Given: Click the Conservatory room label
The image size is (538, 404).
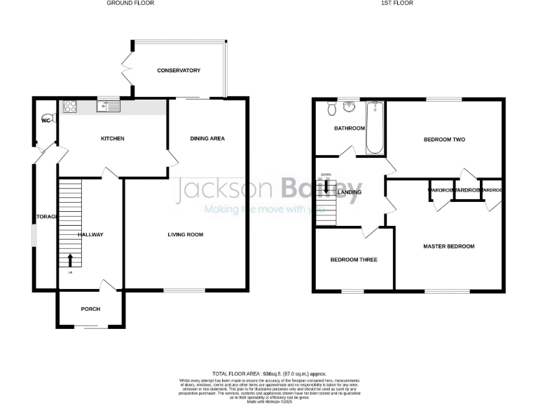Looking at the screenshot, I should click(x=179, y=71).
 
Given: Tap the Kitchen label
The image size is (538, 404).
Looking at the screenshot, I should click(x=113, y=139).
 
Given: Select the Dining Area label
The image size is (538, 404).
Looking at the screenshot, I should click(x=207, y=139).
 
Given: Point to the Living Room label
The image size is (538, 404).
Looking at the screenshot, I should click(x=186, y=234).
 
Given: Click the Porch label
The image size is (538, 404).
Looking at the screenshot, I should click(x=91, y=309).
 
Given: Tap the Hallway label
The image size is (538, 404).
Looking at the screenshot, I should click(x=91, y=234).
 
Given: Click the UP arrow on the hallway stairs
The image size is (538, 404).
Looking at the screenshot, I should click(x=70, y=261).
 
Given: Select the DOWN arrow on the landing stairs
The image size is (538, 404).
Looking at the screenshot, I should click(x=326, y=186).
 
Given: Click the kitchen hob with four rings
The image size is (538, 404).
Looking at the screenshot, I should click(x=71, y=107).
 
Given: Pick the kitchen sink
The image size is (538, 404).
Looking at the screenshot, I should click(x=111, y=107).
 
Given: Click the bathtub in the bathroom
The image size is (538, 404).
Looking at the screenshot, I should click(x=375, y=128).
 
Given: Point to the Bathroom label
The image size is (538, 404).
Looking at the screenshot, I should click(x=349, y=128).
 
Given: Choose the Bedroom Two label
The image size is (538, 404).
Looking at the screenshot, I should click(x=445, y=140).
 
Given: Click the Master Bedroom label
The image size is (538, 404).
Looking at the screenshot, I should click(x=449, y=246).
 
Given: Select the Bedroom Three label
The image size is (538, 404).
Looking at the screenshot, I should click(x=354, y=260).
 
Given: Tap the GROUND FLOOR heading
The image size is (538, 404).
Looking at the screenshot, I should click(x=130, y=4).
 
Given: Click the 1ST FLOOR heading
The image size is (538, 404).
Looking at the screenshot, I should click(x=397, y=4).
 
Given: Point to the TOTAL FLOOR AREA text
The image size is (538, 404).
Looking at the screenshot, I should click(x=269, y=375).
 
